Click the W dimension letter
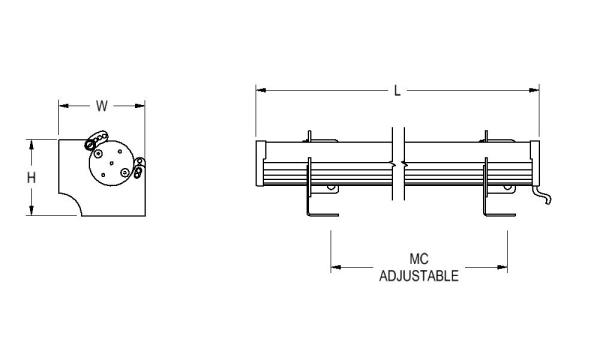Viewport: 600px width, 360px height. pos(102,106)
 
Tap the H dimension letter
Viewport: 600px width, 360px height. pos(31,178)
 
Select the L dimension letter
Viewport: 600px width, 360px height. pos(398,91)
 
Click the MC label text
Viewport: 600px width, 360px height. pos(419,259)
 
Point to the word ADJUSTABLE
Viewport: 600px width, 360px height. pos(419,276)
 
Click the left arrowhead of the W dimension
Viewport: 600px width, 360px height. pos(64,106)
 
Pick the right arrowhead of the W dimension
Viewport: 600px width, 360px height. pos(140,106)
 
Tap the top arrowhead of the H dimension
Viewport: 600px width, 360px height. pos(31,144)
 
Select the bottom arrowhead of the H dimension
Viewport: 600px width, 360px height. pos(31,210)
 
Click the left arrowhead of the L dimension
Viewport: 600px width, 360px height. pos(261,90)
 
